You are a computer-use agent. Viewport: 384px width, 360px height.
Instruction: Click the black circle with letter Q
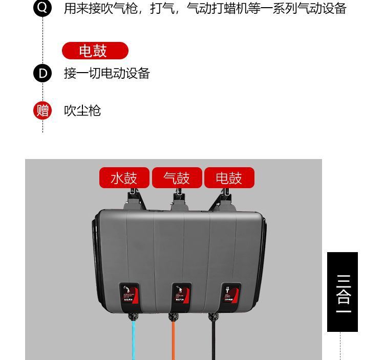coord(42,8)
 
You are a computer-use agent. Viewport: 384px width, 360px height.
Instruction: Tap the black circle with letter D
coord(42,73)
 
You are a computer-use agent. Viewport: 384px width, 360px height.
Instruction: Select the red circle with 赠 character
coord(42,110)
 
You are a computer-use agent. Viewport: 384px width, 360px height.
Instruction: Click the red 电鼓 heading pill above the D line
coord(95,51)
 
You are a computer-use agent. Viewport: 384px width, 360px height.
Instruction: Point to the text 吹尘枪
coord(82,110)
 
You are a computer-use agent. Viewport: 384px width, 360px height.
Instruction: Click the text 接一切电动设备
coord(106,73)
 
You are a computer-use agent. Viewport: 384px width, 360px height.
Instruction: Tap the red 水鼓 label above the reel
coord(124,178)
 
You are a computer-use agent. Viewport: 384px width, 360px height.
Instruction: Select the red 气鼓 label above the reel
coord(177,178)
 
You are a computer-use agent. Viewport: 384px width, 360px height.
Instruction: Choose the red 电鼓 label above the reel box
coord(229,178)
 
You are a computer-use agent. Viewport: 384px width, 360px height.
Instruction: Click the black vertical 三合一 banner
coord(343,292)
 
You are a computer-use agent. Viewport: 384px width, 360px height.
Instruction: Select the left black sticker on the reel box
coord(129,296)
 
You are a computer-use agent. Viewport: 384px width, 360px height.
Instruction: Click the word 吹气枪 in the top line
coord(119,8)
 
